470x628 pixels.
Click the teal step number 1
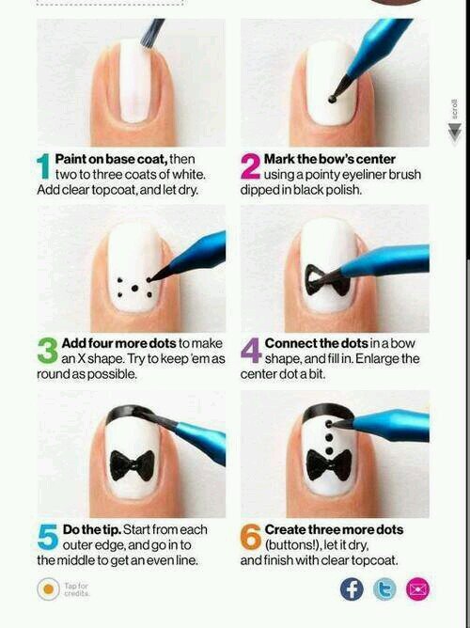click(42, 165)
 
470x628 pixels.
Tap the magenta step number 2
click(250, 165)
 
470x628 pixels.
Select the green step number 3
click(48, 351)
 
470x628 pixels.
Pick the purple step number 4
click(251, 351)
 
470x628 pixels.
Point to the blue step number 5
click(48, 537)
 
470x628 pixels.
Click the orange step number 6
click(251, 537)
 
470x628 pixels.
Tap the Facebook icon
click(352, 589)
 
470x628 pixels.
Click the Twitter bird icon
click(384, 589)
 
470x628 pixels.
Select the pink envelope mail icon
click(417, 589)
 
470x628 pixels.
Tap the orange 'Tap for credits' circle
click(49, 589)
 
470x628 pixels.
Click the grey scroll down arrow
click(454, 132)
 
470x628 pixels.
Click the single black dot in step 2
click(332, 99)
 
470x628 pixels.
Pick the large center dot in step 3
click(134, 288)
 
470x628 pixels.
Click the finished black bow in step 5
click(132, 465)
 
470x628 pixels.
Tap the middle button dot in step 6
click(329, 437)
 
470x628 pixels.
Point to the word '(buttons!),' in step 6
click(296, 545)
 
